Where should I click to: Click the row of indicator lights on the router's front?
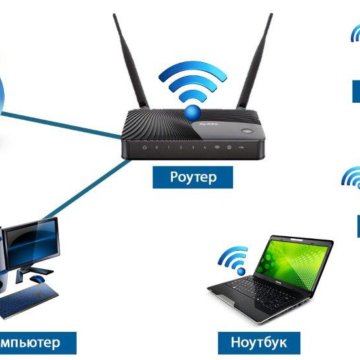coord(185,148)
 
